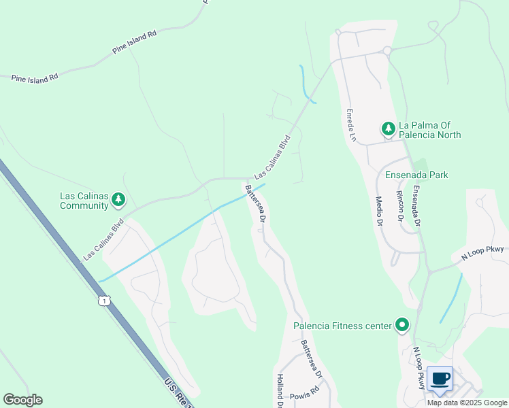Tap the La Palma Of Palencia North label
[429, 130]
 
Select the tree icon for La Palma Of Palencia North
[388, 128]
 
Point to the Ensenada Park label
[416, 175]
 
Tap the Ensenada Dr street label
[416, 205]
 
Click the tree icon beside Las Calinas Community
[120, 199]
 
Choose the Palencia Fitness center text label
[342, 326]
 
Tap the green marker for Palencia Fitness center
[402, 326]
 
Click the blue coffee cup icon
[440, 378]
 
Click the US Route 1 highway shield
[103, 300]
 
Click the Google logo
[22, 400]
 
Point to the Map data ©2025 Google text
[467, 403]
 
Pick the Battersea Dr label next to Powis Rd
[310, 360]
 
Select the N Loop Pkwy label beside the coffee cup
[420, 368]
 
